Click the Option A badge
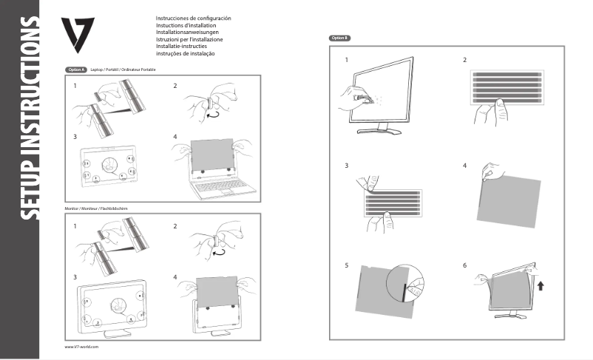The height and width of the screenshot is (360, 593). [x=75, y=69]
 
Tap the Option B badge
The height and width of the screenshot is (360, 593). [x=339, y=37]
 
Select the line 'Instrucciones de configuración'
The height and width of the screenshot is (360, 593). [x=193, y=17]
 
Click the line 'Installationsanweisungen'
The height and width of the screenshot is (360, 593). [x=186, y=32]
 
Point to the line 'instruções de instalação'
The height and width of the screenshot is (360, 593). [x=185, y=53]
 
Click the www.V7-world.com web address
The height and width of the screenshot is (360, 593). [x=81, y=347]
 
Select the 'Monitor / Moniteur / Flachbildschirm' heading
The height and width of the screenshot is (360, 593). [x=97, y=209]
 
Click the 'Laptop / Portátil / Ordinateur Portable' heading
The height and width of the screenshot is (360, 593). [x=123, y=69]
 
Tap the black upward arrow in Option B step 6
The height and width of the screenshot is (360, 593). [x=542, y=286]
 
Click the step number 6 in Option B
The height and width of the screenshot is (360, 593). [x=464, y=265]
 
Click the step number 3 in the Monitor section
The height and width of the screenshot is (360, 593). [x=75, y=276]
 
